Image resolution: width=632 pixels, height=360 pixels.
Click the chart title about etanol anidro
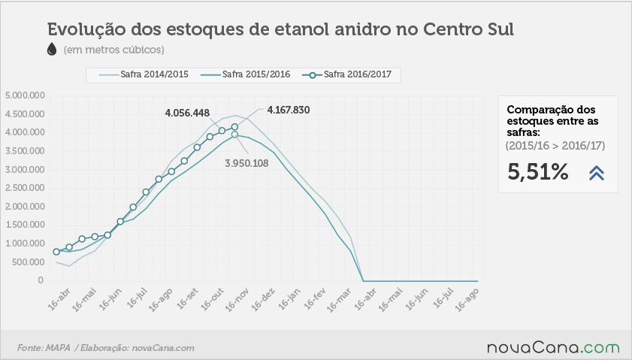(x=280, y=29)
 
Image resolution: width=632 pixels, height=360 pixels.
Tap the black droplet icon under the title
(x=52, y=49)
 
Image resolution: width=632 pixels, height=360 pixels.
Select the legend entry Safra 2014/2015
(x=144, y=74)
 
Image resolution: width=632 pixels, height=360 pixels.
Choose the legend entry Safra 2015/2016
(x=245, y=74)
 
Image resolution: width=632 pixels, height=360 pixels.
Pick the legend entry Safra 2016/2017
(x=346, y=74)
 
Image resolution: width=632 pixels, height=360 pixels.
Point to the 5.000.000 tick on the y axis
(x=25, y=95)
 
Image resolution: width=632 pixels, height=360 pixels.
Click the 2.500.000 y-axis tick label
(x=25, y=188)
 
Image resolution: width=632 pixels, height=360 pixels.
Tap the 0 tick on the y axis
(x=41, y=280)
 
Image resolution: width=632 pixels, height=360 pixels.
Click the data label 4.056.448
(x=187, y=113)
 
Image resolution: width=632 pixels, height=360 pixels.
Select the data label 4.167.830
(x=289, y=110)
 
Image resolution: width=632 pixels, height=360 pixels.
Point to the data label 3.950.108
(x=246, y=163)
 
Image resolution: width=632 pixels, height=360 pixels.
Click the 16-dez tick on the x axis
(x=263, y=300)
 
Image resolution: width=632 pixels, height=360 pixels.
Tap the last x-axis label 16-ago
(x=467, y=300)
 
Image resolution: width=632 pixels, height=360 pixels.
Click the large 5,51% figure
(x=537, y=172)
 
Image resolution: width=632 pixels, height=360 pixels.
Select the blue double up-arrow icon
(x=597, y=173)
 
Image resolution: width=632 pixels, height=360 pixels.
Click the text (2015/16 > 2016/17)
(x=555, y=146)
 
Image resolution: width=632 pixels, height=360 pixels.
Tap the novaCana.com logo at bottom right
(x=553, y=347)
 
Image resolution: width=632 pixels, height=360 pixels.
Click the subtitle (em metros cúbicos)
(x=113, y=50)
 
